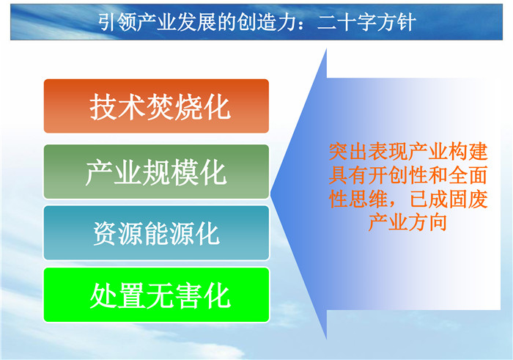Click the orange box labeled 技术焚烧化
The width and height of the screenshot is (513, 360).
click(x=156, y=106)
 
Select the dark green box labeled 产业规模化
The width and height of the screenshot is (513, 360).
click(x=156, y=172)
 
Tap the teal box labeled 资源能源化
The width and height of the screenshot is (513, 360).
click(x=156, y=232)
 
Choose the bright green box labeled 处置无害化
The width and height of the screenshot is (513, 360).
click(x=156, y=295)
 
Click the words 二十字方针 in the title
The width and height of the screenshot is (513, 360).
click(x=366, y=23)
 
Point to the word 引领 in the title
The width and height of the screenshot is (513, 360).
click(x=117, y=23)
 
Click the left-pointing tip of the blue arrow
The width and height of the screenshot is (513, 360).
click(x=271, y=193)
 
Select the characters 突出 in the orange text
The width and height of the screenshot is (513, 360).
click(x=348, y=152)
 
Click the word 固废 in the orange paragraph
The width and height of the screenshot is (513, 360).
click(x=468, y=199)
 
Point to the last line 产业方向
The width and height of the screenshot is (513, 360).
click(x=407, y=222)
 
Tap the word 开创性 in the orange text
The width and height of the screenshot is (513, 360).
click(x=398, y=175)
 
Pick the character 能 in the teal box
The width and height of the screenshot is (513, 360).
click(x=157, y=233)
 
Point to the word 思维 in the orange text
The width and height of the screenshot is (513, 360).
click(x=368, y=199)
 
